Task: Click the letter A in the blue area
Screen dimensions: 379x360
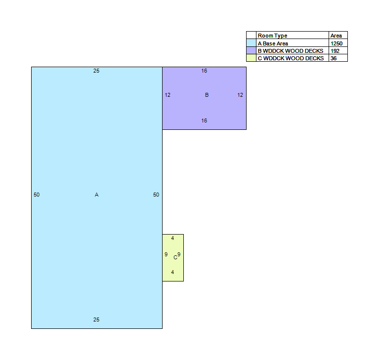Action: pos(96,195)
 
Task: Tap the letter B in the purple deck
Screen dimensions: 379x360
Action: pos(207,95)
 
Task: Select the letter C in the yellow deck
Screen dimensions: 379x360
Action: pos(175,258)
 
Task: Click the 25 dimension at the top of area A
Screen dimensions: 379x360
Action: pos(96,71)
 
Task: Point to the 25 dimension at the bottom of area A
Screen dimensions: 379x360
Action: pos(96,320)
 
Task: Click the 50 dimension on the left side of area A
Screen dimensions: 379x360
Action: pos(37,195)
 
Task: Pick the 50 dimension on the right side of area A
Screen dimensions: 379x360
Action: pos(156,195)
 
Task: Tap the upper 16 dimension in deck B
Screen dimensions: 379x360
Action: pos(204,71)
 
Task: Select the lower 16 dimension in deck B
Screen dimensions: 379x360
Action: pos(204,120)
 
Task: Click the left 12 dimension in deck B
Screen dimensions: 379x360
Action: pos(168,95)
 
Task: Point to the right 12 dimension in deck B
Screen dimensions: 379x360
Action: pos(240,95)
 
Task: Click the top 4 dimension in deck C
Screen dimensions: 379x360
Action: pos(172,238)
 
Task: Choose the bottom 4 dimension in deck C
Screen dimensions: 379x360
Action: pos(172,272)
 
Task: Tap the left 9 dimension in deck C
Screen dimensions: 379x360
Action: pos(166,254)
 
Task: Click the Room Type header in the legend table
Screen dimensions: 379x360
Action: pos(272,36)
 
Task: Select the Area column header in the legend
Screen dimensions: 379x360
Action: pos(336,36)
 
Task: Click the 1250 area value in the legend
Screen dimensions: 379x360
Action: pos(337,43)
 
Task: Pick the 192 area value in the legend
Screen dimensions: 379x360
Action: pos(335,51)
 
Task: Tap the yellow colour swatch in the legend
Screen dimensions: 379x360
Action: pos(251,58)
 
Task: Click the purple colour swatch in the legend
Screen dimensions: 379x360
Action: pos(251,50)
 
